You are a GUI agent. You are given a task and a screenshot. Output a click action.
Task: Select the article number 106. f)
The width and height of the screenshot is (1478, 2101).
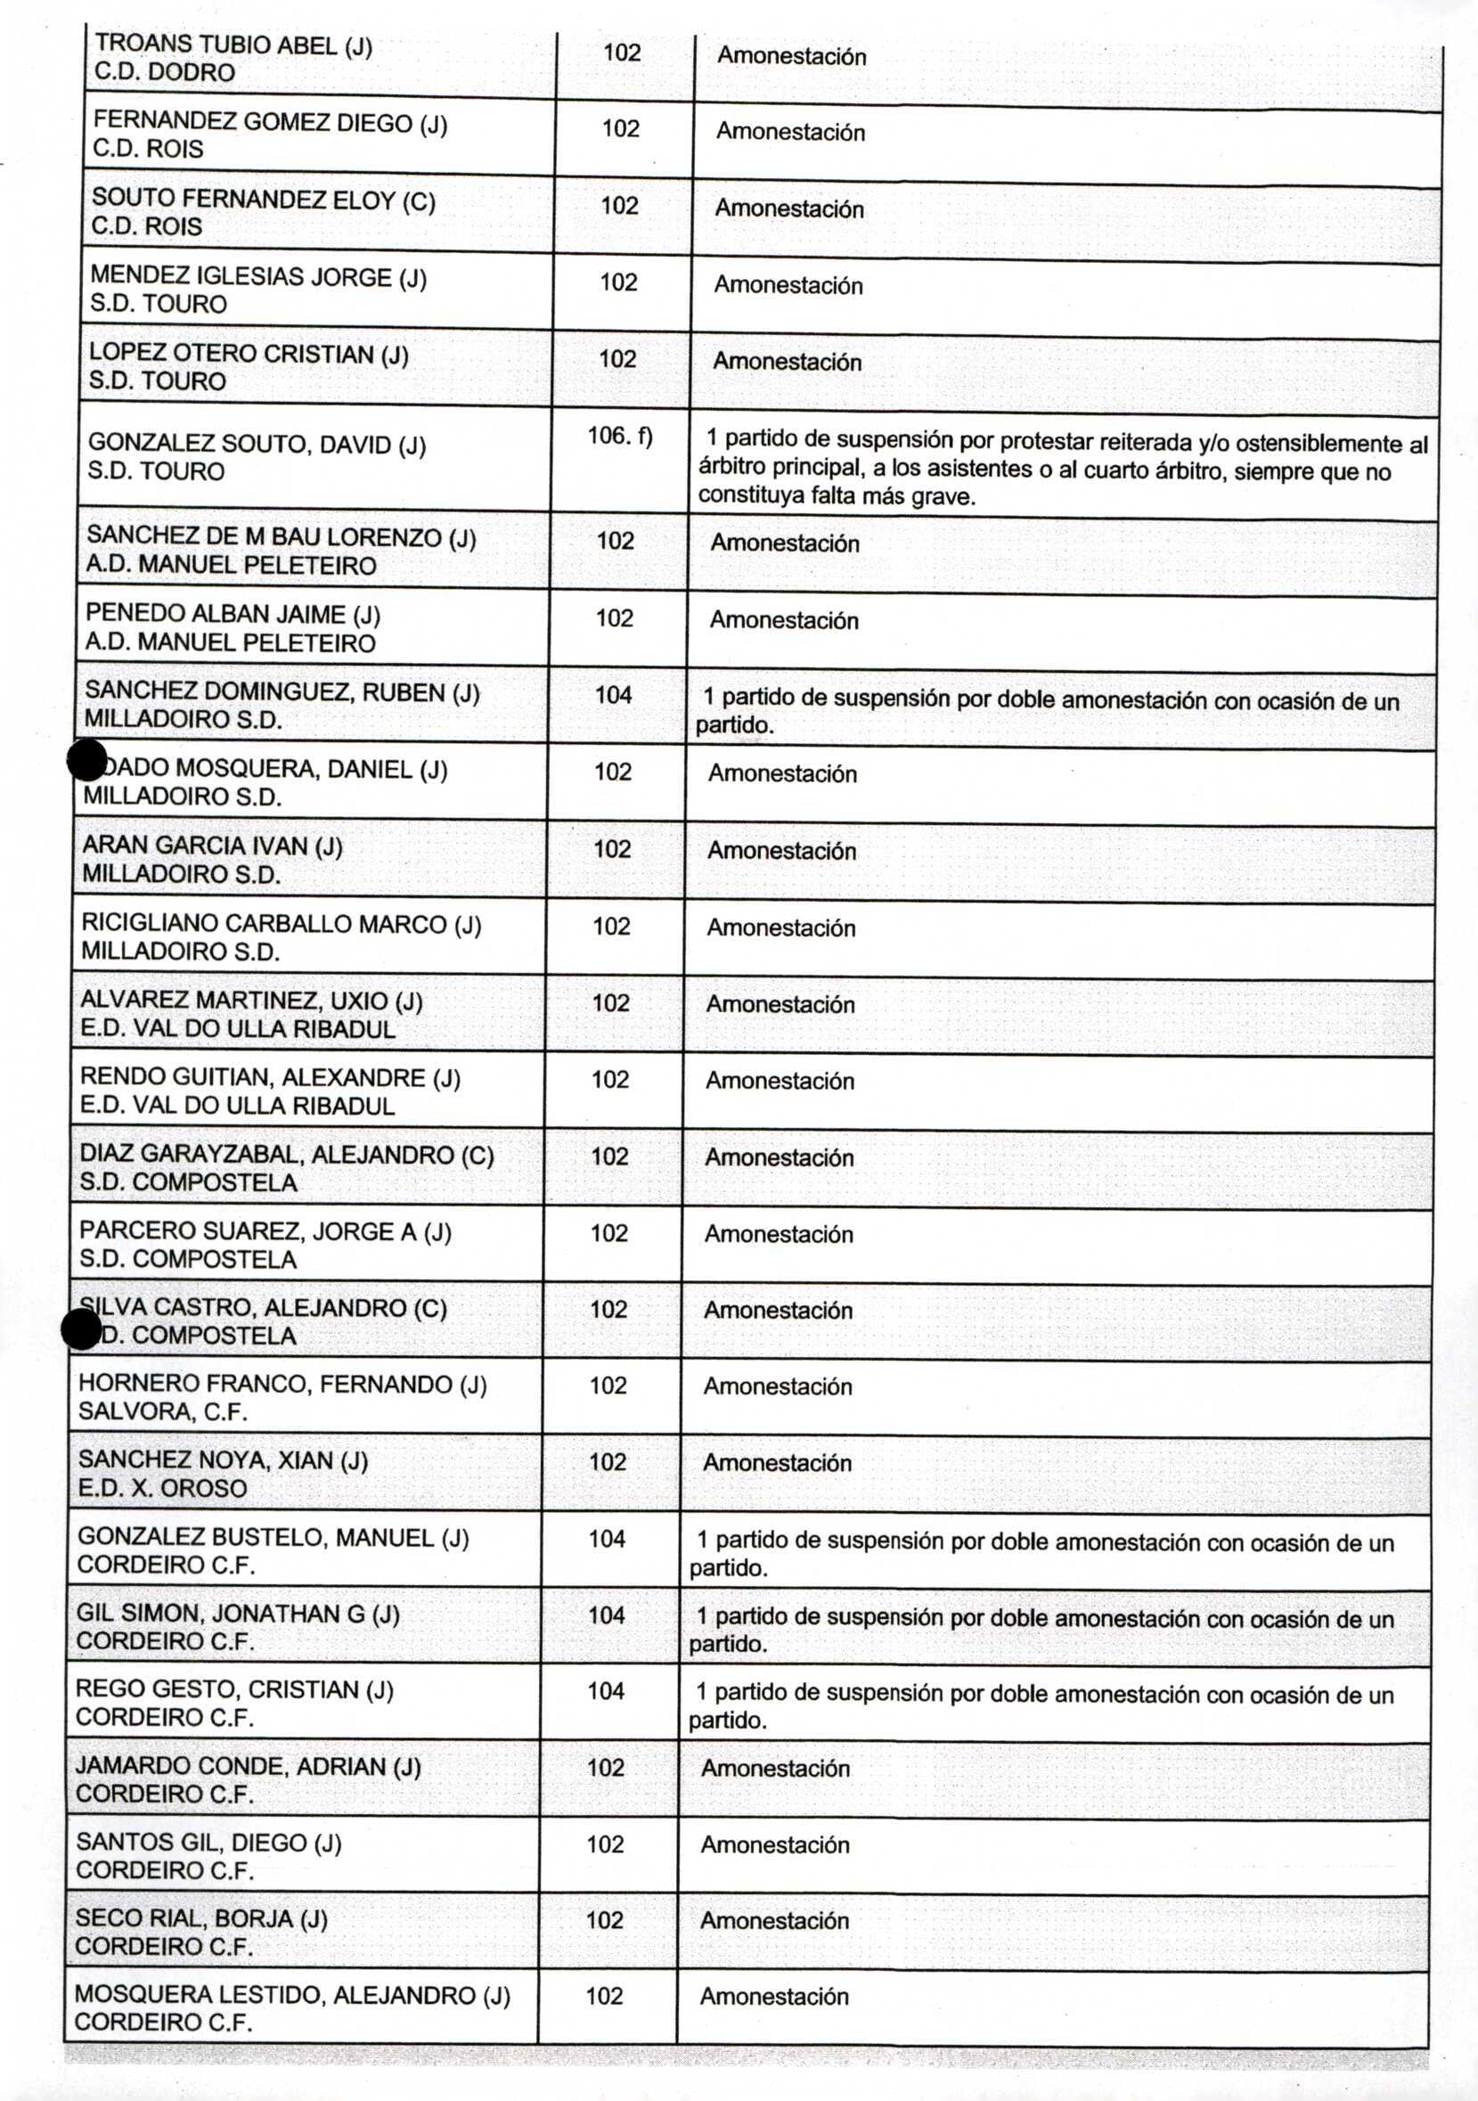pyautogui.click(x=619, y=436)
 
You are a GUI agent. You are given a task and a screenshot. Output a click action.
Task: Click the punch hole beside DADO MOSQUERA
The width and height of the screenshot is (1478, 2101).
pyautogui.click(x=88, y=759)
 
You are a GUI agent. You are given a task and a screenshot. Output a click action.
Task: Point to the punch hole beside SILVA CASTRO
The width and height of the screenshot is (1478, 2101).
pyautogui.click(x=81, y=1328)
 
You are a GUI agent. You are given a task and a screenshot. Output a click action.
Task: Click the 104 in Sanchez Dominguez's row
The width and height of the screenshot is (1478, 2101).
pyautogui.click(x=613, y=696)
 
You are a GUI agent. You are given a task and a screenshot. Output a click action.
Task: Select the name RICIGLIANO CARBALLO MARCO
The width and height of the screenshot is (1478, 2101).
pyautogui.click(x=280, y=924)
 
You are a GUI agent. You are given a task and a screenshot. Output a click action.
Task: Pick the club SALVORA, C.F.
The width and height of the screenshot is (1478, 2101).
pyautogui.click(x=162, y=1411)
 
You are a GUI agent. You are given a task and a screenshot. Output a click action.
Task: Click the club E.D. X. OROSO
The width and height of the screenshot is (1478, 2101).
pyautogui.click(x=162, y=1488)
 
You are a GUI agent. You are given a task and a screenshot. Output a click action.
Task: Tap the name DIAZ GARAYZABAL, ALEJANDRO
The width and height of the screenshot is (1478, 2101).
pyautogui.click(x=286, y=1155)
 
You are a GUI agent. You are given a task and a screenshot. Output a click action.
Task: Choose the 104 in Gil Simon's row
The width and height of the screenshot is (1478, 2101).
pyautogui.click(x=606, y=1615)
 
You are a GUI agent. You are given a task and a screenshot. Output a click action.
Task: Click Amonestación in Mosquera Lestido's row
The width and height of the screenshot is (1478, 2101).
pyautogui.click(x=774, y=1997)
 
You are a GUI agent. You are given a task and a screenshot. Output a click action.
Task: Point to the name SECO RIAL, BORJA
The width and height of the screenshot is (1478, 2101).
pyautogui.click(x=200, y=1918)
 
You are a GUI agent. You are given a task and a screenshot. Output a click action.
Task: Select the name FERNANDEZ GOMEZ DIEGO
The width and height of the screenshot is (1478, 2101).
pyautogui.click(x=269, y=123)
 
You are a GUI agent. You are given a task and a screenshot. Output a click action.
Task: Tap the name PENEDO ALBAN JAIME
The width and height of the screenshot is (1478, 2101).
pyautogui.click(x=232, y=614)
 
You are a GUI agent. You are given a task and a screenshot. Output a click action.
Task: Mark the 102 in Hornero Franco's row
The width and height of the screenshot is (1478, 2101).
pyautogui.click(x=608, y=1386)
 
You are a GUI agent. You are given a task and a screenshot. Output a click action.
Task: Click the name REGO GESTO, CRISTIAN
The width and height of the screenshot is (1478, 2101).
pyautogui.click(x=233, y=1689)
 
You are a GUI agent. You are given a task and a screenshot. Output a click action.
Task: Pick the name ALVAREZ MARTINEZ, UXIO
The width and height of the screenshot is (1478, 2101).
pyautogui.click(x=250, y=1001)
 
